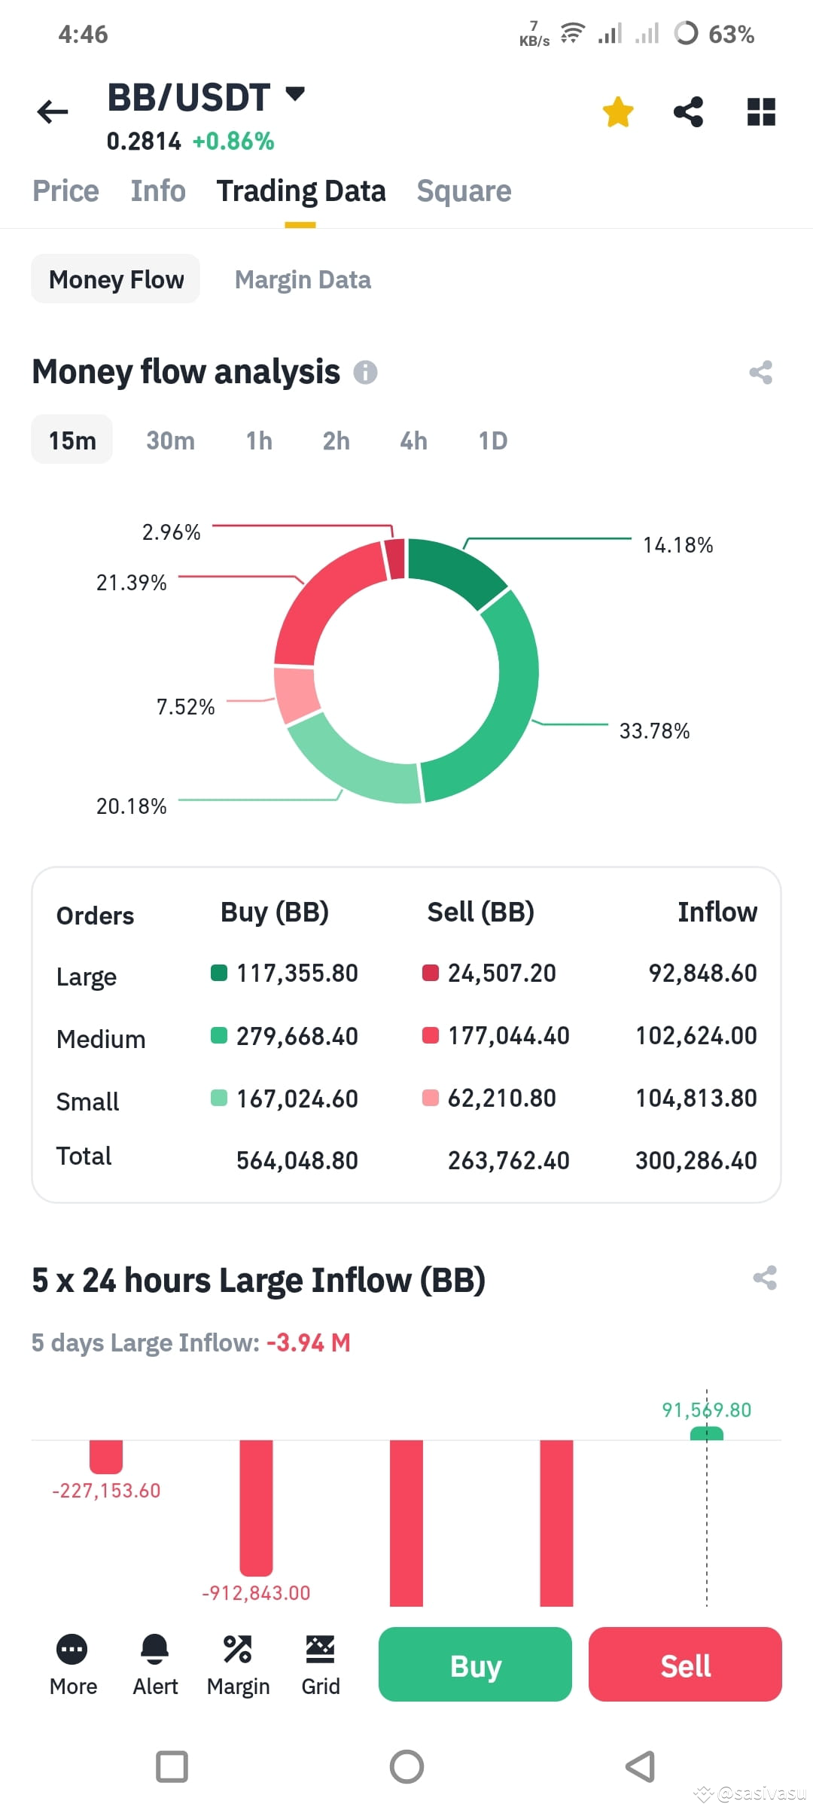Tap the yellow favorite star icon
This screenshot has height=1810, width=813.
coord(618,112)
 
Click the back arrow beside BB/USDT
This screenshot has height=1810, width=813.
coord(53,112)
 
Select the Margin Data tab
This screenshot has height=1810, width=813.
coord(303,280)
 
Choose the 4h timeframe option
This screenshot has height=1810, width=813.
coord(413,440)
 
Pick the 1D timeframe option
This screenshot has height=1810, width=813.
coord(493,440)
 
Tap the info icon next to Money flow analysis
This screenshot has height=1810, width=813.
coord(366,372)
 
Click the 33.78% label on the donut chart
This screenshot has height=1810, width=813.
coord(654,731)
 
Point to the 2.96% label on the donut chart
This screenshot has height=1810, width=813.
coord(172,532)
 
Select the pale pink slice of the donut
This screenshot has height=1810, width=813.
coord(296,694)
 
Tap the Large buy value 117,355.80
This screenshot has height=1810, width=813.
coord(297,974)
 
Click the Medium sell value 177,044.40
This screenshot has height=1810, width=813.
coord(508,1036)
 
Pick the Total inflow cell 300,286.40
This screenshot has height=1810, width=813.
coord(696,1160)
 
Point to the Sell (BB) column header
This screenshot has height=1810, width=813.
coord(480,912)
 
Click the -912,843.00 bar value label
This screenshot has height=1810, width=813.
coord(256,1592)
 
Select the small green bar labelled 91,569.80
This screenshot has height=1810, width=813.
coord(706,1433)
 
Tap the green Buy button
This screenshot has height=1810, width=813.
coord(475,1665)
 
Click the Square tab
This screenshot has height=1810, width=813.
coord(464,191)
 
